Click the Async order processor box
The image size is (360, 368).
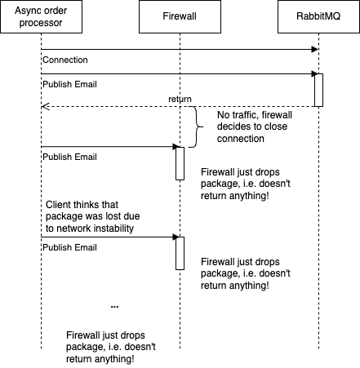(41, 16)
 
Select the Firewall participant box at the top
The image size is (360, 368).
(180, 16)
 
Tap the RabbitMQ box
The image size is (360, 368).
(318, 16)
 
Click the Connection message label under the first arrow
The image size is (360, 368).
(65, 60)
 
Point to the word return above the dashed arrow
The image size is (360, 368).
(180, 99)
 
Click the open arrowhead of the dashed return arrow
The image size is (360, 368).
(45, 107)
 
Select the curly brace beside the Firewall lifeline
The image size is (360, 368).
(197, 127)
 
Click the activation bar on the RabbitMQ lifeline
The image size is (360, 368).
(318, 90)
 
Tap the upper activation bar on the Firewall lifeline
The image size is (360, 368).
(180, 163)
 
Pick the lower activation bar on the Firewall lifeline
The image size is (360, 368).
(180, 253)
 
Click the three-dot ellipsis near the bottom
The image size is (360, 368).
(114, 307)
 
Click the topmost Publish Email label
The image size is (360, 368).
(69, 84)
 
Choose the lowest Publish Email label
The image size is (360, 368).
(69, 247)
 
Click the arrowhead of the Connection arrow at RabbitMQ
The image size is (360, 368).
(315, 50)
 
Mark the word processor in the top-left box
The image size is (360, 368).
(41, 23)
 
